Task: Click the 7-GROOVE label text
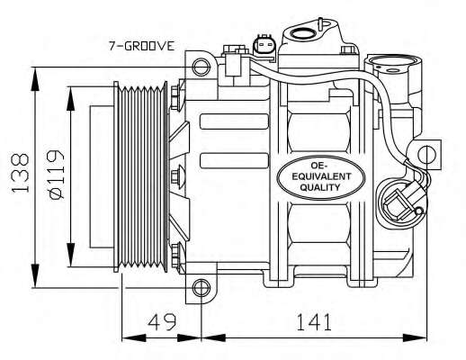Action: point(140,45)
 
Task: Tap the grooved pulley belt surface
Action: point(144,171)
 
